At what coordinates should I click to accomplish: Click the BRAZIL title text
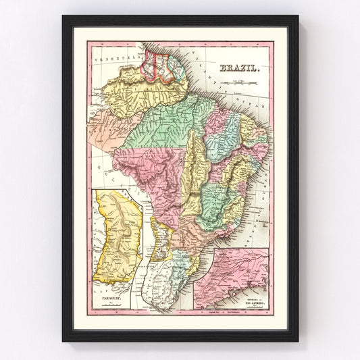coord(237,68)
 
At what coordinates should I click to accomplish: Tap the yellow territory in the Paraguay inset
coord(120,233)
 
